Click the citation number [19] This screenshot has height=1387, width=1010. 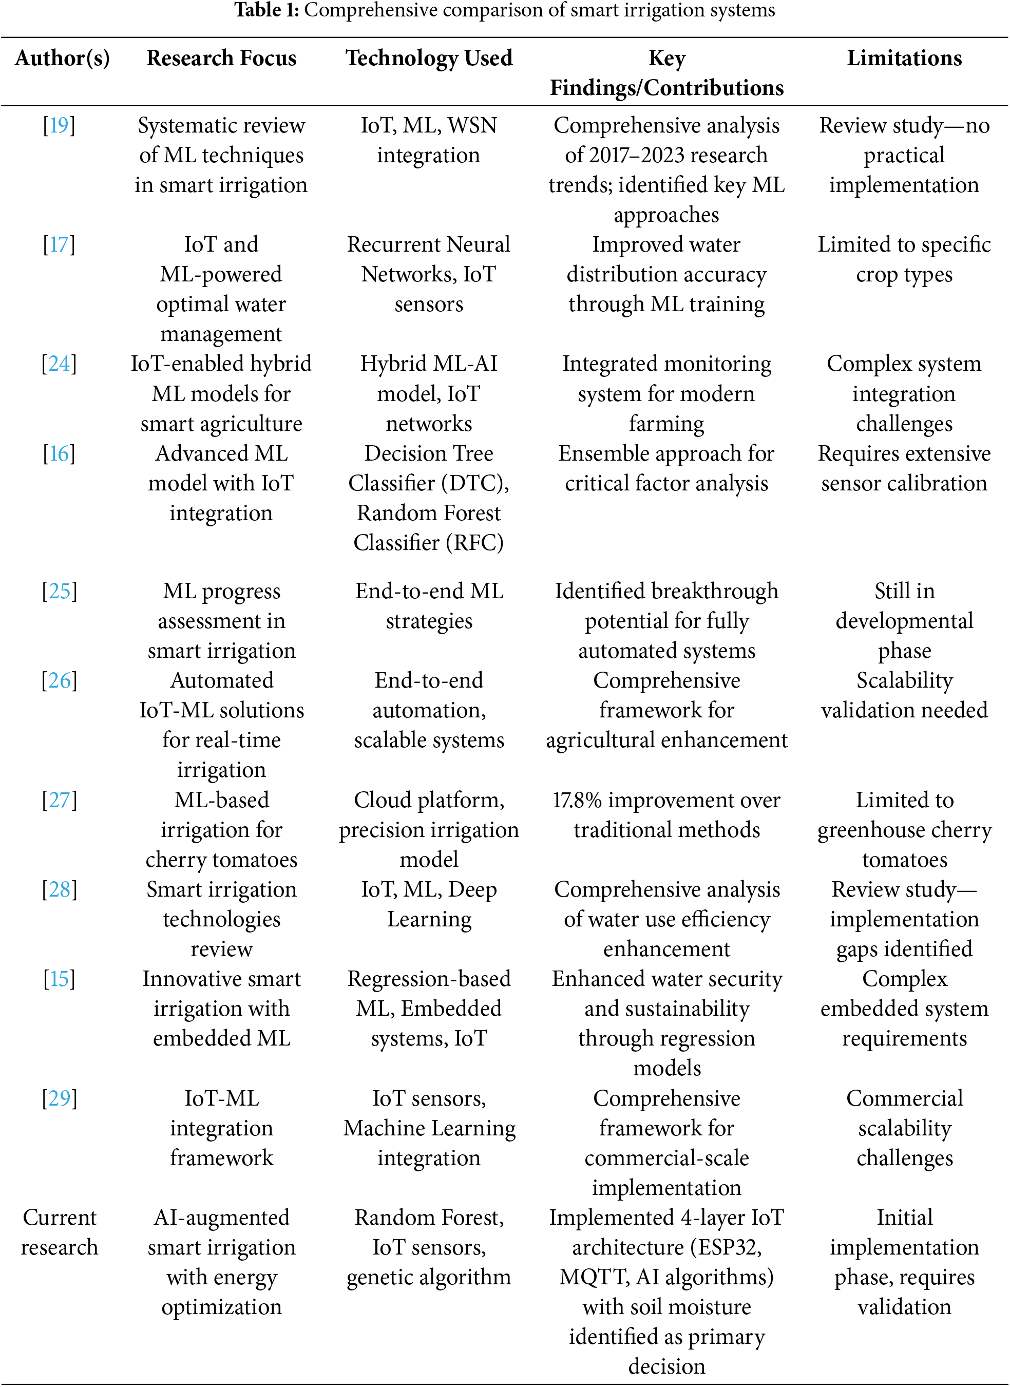click(59, 125)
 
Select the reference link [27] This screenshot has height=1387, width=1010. click(59, 800)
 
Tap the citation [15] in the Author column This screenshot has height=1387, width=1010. click(59, 978)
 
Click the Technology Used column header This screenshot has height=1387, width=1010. click(429, 58)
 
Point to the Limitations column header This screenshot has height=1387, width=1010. click(904, 58)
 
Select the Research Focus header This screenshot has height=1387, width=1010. click(221, 58)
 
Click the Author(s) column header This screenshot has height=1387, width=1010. click(62, 58)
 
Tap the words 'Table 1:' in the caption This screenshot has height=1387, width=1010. click(266, 10)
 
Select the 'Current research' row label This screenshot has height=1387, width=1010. click(59, 1232)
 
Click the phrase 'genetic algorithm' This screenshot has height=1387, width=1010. click(429, 1277)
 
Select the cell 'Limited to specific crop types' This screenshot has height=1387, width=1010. click(904, 259)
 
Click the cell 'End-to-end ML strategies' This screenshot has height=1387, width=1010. click(429, 606)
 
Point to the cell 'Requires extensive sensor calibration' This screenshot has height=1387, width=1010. click(904, 468)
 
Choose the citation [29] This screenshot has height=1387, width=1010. click(59, 1098)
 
